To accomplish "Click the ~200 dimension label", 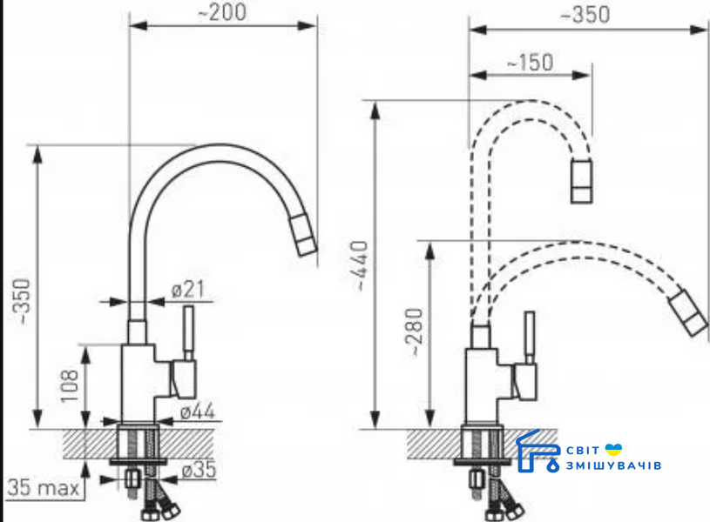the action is (222, 12).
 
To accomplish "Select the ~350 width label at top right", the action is (585, 15).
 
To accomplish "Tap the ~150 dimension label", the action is (531, 63).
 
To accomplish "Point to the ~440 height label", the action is (361, 265).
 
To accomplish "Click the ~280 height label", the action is (415, 332).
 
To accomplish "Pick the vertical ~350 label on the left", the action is (21, 302).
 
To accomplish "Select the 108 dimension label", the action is (70, 386).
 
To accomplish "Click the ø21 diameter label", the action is (188, 290).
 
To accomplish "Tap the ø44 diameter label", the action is (197, 412).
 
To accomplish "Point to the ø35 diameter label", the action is (199, 469).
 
